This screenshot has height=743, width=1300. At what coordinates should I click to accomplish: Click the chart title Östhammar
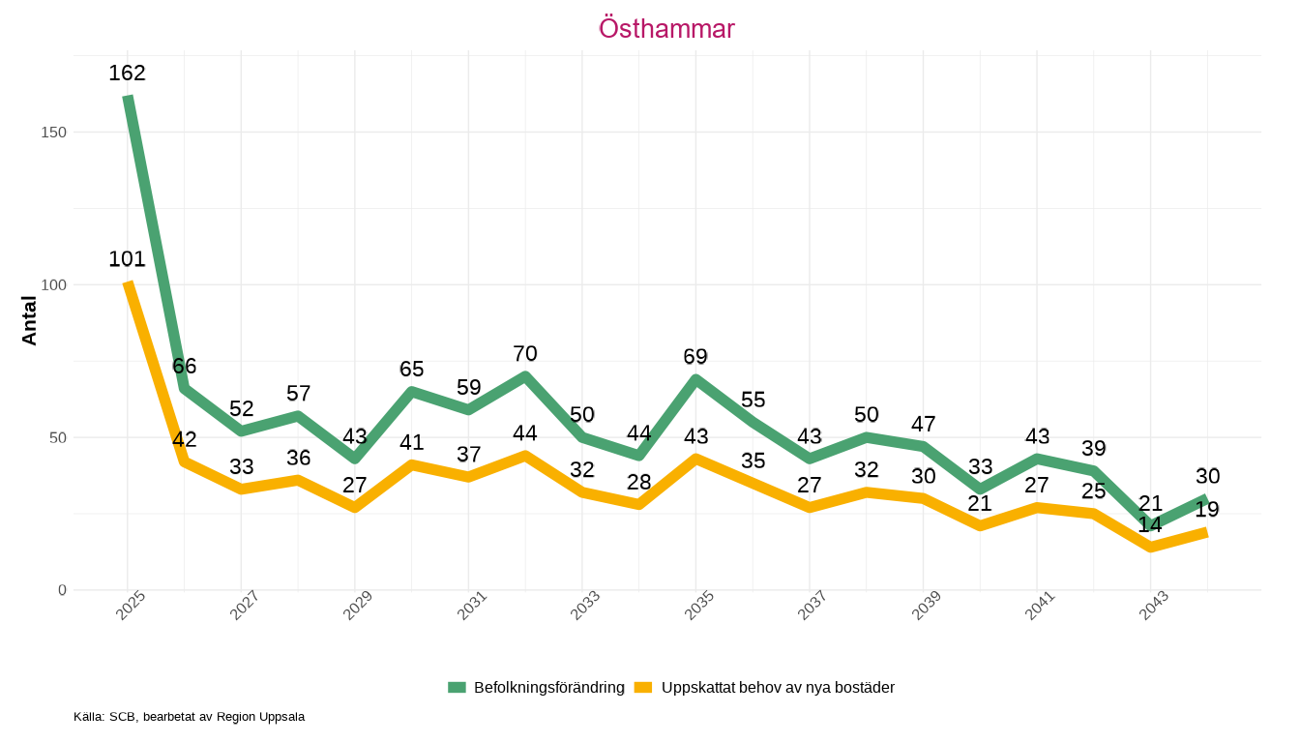click(x=666, y=28)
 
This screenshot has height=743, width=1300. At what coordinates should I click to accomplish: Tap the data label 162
click(x=127, y=73)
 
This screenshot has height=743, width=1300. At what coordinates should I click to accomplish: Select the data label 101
click(x=127, y=258)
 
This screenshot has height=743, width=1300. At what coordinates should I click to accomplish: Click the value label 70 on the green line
click(x=525, y=354)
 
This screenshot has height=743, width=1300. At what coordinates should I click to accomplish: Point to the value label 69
click(x=695, y=357)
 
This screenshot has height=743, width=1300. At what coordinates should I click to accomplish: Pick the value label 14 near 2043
click(x=1150, y=525)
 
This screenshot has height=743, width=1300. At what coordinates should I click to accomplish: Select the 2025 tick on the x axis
click(x=131, y=606)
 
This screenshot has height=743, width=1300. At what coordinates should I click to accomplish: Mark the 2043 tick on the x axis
click(x=1154, y=606)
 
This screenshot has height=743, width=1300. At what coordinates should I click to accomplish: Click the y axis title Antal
click(x=30, y=320)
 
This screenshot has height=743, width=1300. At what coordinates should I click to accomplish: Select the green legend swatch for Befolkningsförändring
click(x=457, y=688)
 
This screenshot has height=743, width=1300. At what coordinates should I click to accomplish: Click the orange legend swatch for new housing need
click(x=643, y=688)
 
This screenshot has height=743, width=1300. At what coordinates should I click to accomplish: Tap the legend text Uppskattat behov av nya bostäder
click(x=778, y=688)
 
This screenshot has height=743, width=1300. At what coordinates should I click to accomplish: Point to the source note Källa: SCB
click(x=190, y=717)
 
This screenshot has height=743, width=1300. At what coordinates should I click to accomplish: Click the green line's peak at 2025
click(x=128, y=97)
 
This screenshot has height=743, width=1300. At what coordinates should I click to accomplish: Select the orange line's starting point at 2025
click(x=128, y=282)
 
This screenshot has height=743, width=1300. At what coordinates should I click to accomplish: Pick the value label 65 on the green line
click(x=412, y=369)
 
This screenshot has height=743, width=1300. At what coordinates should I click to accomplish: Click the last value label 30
click(x=1207, y=476)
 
